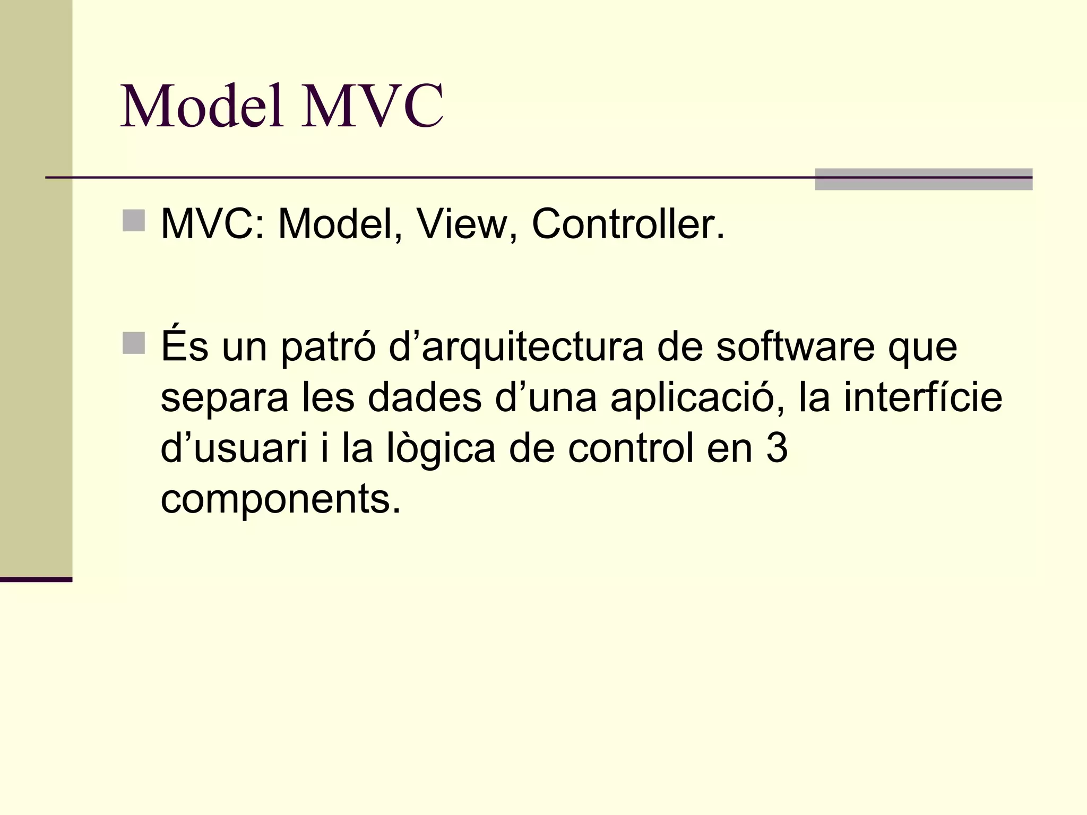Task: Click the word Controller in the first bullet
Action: [628, 224]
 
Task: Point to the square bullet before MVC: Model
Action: [133, 221]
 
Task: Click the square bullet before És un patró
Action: [133, 343]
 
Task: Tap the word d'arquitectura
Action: [516, 348]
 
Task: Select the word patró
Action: [328, 348]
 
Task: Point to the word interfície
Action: [923, 398]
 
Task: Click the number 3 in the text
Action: [777, 449]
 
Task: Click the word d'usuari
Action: [234, 449]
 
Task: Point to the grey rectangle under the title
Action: [924, 179]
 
